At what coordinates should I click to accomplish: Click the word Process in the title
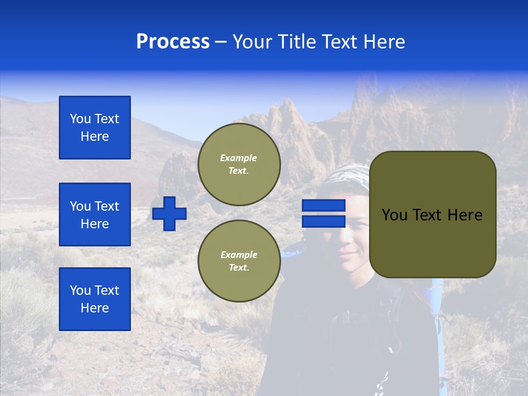coord(173,42)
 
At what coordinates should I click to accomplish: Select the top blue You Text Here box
coord(95,128)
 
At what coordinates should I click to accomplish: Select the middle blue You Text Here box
coord(95,215)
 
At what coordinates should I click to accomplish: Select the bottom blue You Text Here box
coord(95,299)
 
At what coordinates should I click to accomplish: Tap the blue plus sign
coord(169,213)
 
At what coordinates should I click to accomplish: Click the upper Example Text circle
coord(239,164)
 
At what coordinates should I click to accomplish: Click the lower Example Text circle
coord(239,261)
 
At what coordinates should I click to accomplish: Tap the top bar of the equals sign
coord(323,206)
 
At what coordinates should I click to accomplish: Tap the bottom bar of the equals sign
coord(323,222)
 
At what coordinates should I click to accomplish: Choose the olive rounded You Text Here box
coord(432,215)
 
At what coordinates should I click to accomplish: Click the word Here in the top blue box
coord(95,136)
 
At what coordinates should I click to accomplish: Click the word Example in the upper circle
coord(239,158)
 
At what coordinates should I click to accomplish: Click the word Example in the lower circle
coord(239,255)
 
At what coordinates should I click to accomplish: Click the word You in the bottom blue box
coord(79,290)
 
